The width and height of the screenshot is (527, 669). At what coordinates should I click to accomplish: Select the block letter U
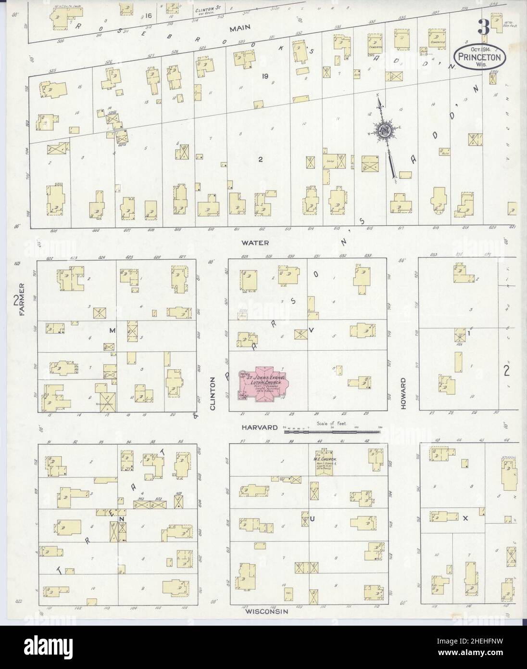tap(312, 519)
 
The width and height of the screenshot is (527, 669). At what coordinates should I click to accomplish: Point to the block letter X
tap(465, 518)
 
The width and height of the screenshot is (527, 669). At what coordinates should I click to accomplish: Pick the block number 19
tap(264, 76)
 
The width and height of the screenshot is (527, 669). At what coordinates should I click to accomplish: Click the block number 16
tap(148, 16)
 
